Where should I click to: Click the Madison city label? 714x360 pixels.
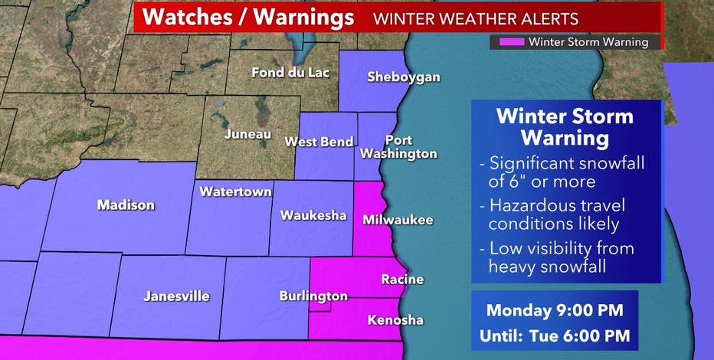(x=126, y=205)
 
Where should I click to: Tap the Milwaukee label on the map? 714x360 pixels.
(x=398, y=221)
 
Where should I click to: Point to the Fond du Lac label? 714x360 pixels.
(x=290, y=74)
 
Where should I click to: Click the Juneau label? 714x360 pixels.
(x=247, y=134)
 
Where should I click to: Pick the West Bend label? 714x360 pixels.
(x=319, y=142)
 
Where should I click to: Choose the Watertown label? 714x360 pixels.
(x=235, y=191)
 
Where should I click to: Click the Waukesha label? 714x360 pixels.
(x=313, y=215)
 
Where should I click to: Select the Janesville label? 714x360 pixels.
(x=176, y=296)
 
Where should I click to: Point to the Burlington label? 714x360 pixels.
(x=313, y=296)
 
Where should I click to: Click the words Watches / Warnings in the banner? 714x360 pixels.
(x=249, y=17)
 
